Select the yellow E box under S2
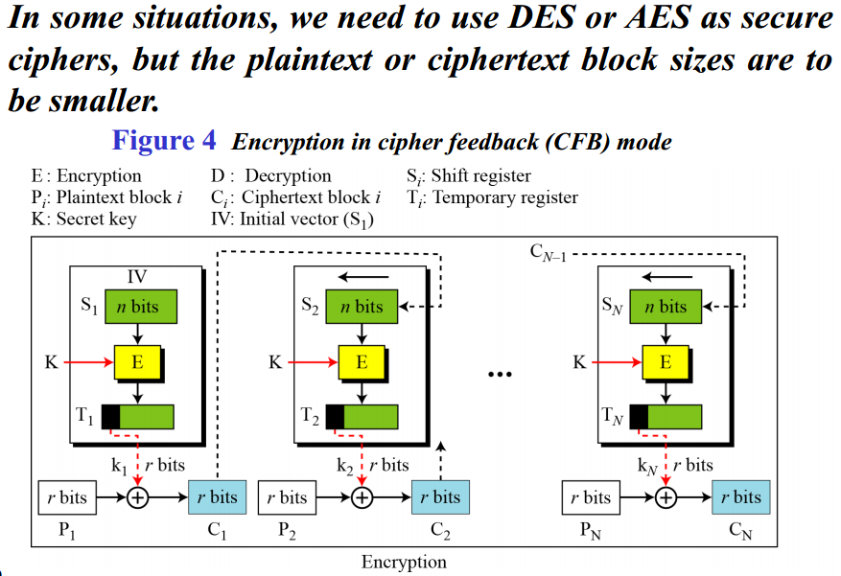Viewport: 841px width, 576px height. pos(361,362)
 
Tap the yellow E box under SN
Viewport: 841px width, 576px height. pos(665,362)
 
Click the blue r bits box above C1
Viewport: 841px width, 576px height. pos(218,496)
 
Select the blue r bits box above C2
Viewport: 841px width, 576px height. pos(440,496)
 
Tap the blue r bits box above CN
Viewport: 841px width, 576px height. pos(741,496)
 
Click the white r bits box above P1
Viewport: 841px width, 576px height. pos(67,496)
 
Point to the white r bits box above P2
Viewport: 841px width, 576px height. pos(288,496)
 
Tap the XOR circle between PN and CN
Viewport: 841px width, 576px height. pos(666,497)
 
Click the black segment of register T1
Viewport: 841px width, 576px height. pos(110,417)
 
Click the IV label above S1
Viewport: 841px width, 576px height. pos(137,277)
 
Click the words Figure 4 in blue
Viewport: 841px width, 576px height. pos(164,141)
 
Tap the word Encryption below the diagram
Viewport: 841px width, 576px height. pos(404,562)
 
